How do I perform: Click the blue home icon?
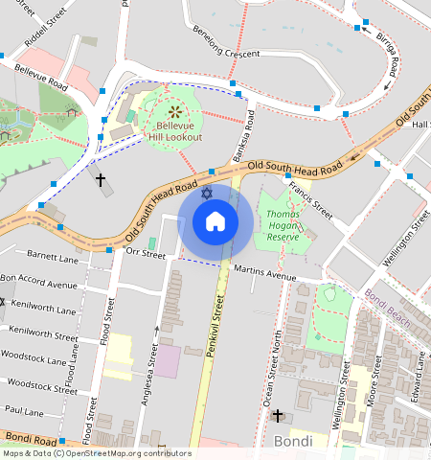(215, 222)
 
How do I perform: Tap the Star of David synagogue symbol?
(206, 195)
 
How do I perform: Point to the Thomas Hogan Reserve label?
(284, 225)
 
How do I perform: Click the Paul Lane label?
(24, 411)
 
